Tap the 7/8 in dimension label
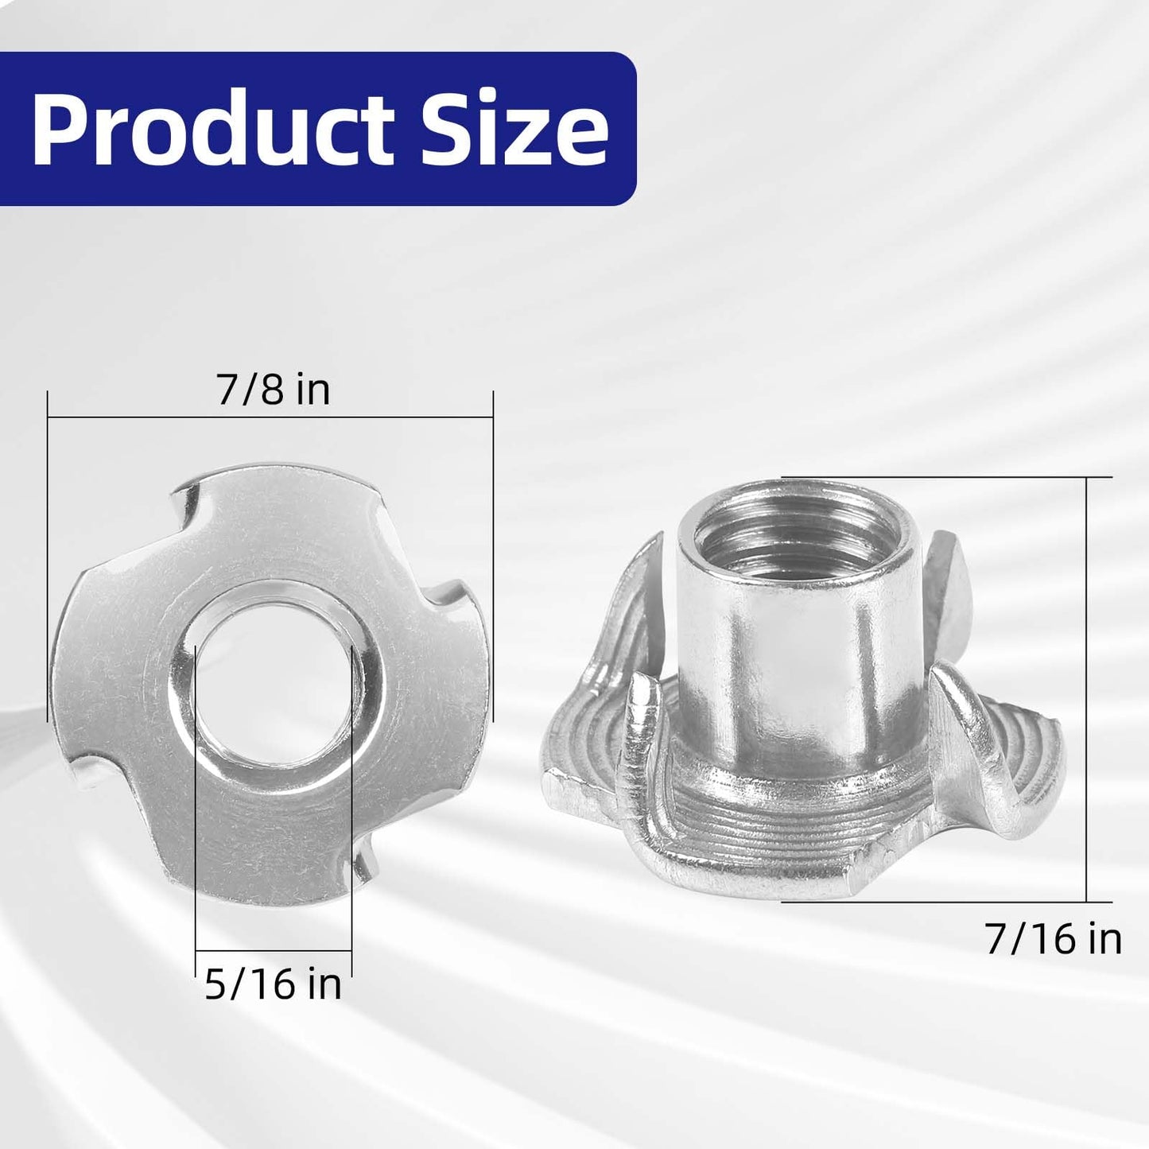pos(273,390)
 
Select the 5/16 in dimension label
pos(273,984)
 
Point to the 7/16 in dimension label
pos(1053,939)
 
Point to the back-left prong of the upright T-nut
pos(640,588)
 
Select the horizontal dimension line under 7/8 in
pos(270,416)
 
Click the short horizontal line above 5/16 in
pos(274,951)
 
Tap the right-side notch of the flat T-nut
pos(441,602)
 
